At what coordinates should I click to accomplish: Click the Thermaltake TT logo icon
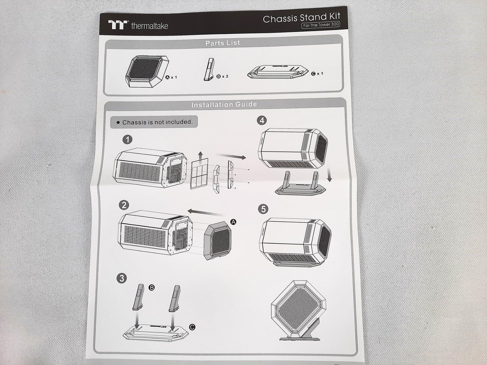(118, 25)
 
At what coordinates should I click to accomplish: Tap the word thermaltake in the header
(149, 26)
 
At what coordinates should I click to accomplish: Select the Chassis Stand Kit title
(301, 18)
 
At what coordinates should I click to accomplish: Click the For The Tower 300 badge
(321, 25)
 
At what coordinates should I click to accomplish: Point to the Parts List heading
(223, 43)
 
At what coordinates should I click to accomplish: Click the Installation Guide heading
(224, 104)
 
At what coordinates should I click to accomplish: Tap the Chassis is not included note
(154, 122)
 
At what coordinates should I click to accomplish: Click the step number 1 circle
(127, 140)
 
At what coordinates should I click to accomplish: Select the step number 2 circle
(124, 205)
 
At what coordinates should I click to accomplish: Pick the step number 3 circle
(122, 278)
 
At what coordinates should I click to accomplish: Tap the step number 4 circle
(262, 120)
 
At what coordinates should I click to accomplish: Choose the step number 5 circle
(264, 209)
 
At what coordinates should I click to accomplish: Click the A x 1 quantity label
(171, 77)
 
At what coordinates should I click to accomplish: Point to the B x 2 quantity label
(222, 76)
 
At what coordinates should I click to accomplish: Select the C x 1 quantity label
(317, 74)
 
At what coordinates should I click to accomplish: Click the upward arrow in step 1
(200, 157)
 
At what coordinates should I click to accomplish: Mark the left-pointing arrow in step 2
(207, 213)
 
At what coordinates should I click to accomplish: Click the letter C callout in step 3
(192, 327)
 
